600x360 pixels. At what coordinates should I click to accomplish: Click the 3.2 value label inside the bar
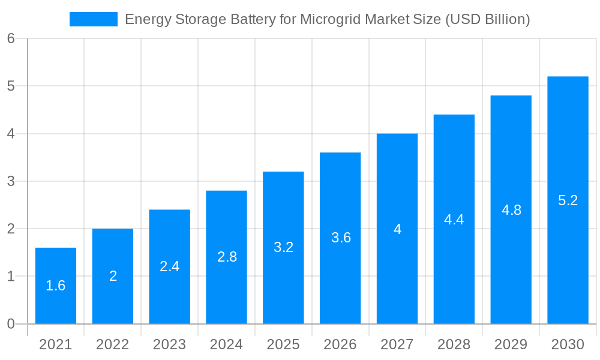[283, 247]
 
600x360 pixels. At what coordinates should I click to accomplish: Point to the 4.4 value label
[454, 220]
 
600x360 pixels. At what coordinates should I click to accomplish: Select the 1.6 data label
[56, 286]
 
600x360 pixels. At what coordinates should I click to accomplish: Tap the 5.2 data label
[568, 200]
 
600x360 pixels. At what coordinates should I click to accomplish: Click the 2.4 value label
[170, 266]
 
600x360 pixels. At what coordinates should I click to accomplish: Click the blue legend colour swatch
[94, 19]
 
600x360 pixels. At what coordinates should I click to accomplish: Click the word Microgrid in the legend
[329, 19]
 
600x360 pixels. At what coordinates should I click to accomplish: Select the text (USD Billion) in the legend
[487, 19]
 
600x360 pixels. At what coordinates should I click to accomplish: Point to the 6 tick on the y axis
[11, 38]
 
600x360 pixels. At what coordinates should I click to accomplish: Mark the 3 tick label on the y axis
[11, 181]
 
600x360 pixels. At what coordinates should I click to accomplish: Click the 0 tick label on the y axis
[11, 324]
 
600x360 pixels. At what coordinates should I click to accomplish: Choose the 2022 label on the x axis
[113, 344]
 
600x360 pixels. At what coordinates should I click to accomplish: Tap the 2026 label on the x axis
[340, 344]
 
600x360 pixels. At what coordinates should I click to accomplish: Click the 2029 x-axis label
[511, 344]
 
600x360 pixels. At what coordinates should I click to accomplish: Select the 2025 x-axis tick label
[283, 344]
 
